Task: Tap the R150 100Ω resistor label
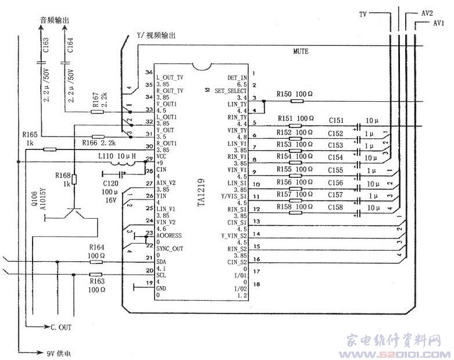[x=294, y=94]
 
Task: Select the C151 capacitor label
[x=336, y=120]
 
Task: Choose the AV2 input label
[x=426, y=12]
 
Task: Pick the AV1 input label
[x=439, y=23]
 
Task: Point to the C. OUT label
[x=59, y=327]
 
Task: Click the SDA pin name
[x=163, y=263]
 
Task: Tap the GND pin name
[x=163, y=288]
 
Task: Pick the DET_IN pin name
[x=237, y=77]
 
